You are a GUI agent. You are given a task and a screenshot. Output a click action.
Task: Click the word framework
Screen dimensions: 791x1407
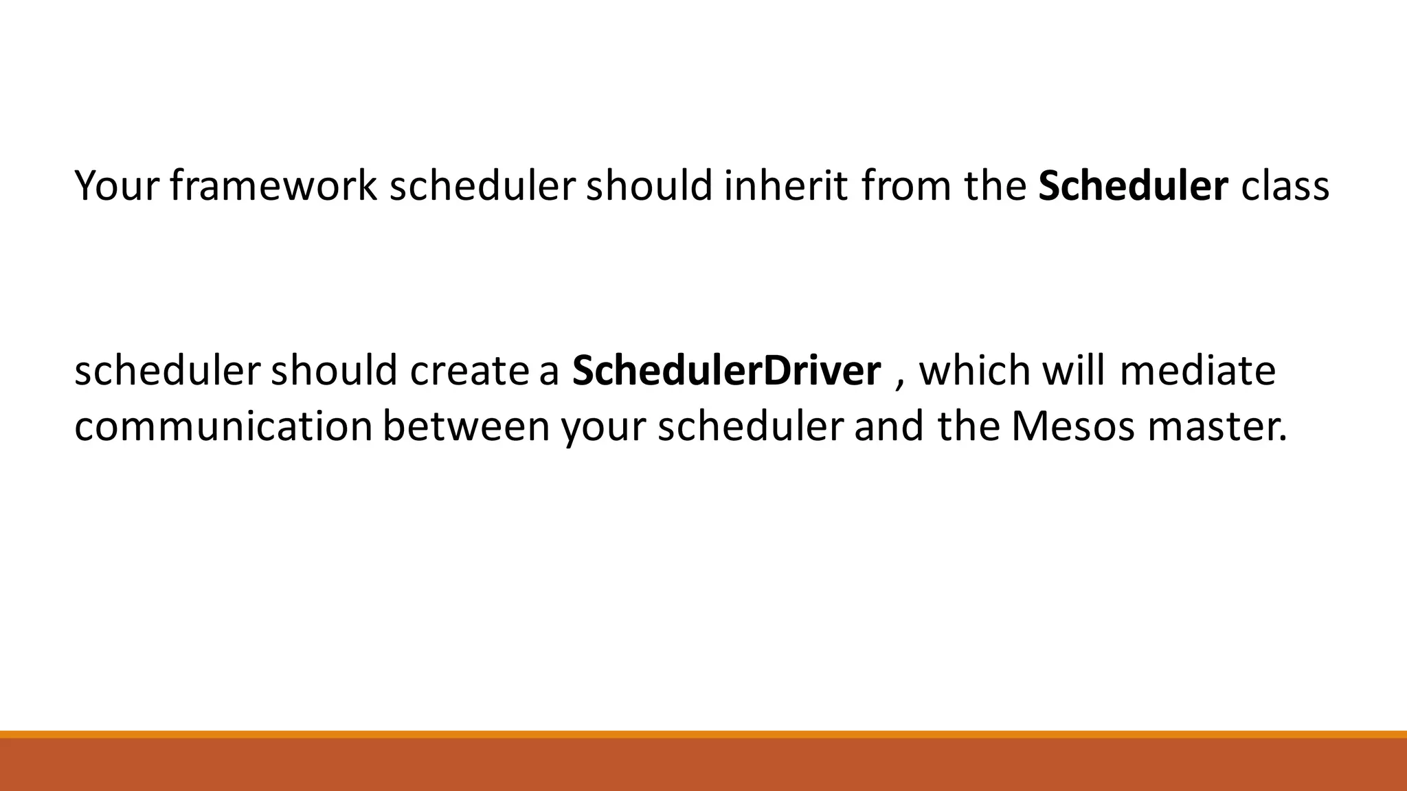coord(273,185)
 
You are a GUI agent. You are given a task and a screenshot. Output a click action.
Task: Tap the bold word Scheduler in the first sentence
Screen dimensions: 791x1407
coord(1133,185)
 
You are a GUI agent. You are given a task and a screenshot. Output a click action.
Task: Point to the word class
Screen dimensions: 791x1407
coord(1285,185)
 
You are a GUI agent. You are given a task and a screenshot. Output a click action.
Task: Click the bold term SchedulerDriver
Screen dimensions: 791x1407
coord(726,371)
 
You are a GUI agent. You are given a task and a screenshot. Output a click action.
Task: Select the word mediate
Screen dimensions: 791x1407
coord(1197,371)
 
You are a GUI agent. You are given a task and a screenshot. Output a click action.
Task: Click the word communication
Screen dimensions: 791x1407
coord(223,427)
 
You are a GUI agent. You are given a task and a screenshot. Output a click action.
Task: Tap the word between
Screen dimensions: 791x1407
coord(466,427)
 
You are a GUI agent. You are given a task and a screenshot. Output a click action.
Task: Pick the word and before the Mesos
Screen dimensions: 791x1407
coord(889,427)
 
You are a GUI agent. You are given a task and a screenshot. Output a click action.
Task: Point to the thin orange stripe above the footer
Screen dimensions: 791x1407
coord(703,734)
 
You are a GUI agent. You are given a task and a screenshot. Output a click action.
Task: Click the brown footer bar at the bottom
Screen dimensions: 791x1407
coord(703,765)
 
